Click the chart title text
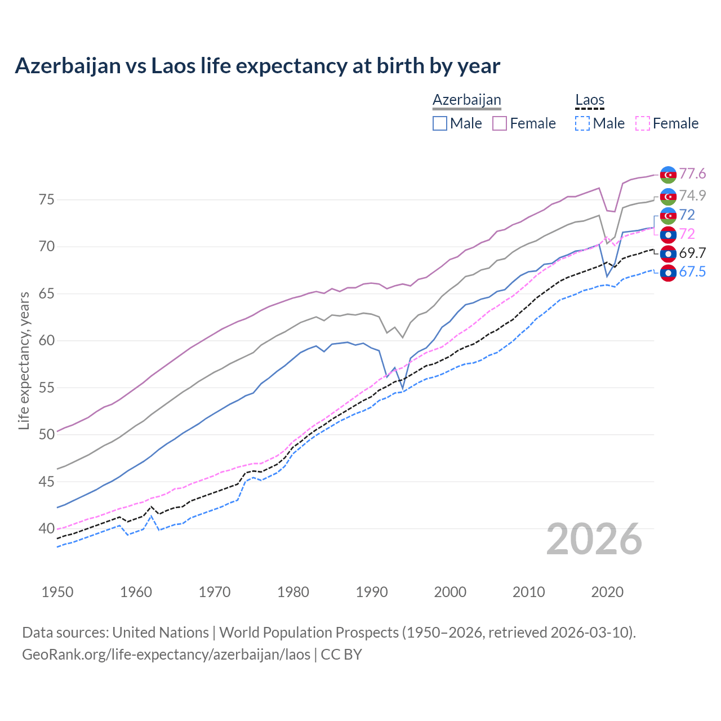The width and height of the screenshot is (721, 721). click(x=257, y=66)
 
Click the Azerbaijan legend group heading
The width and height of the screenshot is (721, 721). click(x=466, y=100)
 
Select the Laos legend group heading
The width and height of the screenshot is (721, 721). click(x=589, y=100)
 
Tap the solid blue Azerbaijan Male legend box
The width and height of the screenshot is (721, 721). click(x=440, y=123)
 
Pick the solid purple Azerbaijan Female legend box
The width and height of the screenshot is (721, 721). click(x=500, y=123)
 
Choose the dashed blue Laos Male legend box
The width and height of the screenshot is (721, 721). click(x=582, y=123)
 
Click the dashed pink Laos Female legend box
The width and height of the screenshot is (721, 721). click(x=643, y=123)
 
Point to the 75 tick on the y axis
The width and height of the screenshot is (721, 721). click(x=47, y=200)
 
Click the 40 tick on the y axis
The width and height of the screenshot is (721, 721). click(x=47, y=529)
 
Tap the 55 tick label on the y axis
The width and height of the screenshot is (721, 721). click(x=47, y=388)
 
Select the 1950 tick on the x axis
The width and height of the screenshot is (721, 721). click(x=57, y=592)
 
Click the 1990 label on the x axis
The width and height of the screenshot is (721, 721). click(x=372, y=592)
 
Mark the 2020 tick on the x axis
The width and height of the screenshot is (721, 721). click(x=607, y=592)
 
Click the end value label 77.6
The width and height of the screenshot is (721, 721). click(x=692, y=174)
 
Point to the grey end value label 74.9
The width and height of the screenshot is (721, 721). click(x=692, y=195)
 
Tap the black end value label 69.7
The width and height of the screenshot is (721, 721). click(x=692, y=253)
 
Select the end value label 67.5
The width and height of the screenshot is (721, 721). click(x=692, y=272)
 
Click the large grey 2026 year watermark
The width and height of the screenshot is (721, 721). click(x=594, y=539)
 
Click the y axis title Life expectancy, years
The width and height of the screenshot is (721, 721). click(x=24, y=360)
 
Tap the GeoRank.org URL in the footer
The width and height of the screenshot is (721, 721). click(x=166, y=655)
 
